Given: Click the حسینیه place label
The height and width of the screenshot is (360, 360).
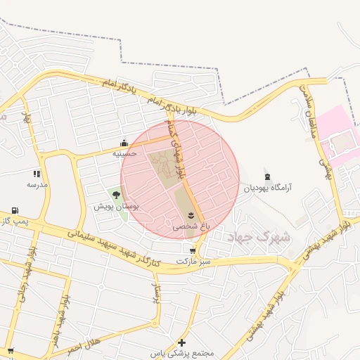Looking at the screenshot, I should (124, 153).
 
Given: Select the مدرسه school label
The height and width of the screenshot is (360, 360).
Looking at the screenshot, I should (37, 184).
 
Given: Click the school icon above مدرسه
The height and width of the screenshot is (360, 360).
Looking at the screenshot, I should (37, 174).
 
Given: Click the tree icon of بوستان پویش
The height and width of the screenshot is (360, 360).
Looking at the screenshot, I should (116, 195).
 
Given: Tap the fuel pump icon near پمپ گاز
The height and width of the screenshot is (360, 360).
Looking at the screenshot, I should (15, 211).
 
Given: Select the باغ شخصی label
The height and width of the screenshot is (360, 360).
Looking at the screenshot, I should (186, 227).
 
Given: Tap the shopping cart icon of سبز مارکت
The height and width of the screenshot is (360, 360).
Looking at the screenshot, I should (193, 250).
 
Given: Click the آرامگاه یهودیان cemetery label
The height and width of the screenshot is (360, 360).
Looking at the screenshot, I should (268, 188).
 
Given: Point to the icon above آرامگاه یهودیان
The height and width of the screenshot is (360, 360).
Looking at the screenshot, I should (267, 176).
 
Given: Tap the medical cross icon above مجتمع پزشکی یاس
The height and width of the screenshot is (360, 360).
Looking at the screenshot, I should (181, 342).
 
